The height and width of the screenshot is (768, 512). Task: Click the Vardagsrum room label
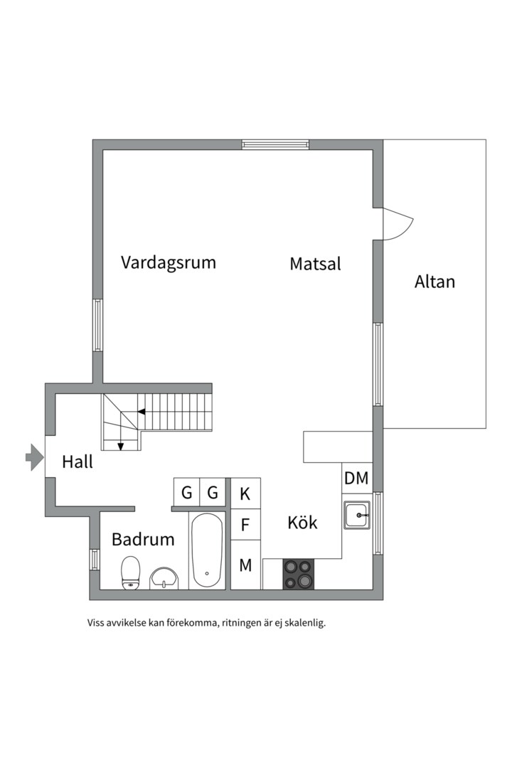pyautogui.click(x=168, y=262)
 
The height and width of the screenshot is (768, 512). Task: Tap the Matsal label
pyautogui.click(x=315, y=264)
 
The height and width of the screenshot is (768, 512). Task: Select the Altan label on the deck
pyautogui.click(x=434, y=282)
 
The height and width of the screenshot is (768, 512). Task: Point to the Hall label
pyautogui.click(x=78, y=462)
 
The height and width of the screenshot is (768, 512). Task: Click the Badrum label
pyautogui.click(x=143, y=540)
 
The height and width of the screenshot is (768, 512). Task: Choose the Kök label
pyautogui.click(x=302, y=523)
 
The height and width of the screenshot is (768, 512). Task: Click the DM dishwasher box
pyautogui.click(x=356, y=479)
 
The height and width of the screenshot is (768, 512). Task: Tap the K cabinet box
pyautogui.click(x=245, y=493)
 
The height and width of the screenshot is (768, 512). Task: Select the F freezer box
pyautogui.click(x=245, y=526)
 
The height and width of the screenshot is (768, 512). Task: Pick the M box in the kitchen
pyautogui.click(x=245, y=565)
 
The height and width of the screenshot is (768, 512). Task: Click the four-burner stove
pyautogui.click(x=299, y=575)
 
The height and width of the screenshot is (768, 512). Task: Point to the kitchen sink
pyautogui.click(x=357, y=515)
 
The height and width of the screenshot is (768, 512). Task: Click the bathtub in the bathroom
pyautogui.click(x=207, y=550)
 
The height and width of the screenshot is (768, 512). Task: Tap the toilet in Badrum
pyautogui.click(x=130, y=573)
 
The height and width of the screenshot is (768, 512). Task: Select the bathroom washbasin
pyautogui.click(x=165, y=577)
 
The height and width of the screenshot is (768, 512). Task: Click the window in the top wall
pyautogui.click(x=275, y=144)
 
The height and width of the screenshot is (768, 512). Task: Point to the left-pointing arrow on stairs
pyautogui.click(x=142, y=412)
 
